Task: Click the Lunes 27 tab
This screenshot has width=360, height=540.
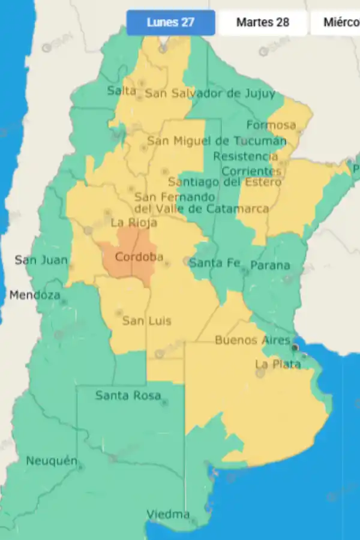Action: pyautogui.click(x=170, y=23)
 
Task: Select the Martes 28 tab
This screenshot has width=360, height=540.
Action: pyautogui.click(x=263, y=23)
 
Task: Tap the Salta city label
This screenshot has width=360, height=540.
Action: pyautogui.click(x=122, y=91)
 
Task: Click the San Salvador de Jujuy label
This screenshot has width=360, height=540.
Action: pyautogui.click(x=210, y=94)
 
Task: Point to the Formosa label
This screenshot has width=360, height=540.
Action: pyautogui.click(x=271, y=125)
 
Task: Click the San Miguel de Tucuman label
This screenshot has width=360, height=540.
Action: pyautogui.click(x=217, y=142)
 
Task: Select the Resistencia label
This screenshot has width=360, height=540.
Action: pyautogui.click(x=246, y=157)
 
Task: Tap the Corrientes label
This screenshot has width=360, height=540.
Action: pyautogui.click(x=252, y=171)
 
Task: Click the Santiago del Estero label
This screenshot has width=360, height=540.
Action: pyautogui.click(x=224, y=182)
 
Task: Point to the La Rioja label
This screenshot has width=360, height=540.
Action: pyautogui.click(x=134, y=223)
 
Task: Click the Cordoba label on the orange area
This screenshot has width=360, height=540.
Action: pyautogui.click(x=139, y=257)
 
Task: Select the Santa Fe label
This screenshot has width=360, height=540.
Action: pyautogui.click(x=215, y=263)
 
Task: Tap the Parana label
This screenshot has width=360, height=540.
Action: pyautogui.click(x=270, y=265)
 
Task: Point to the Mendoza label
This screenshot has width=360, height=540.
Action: pyautogui.click(x=35, y=296)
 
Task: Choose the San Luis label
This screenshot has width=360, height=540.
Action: pyautogui.click(x=146, y=321)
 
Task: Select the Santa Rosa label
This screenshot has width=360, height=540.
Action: pyautogui.click(x=128, y=395)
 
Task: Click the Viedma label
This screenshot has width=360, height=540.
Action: pyautogui.click(x=168, y=515)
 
